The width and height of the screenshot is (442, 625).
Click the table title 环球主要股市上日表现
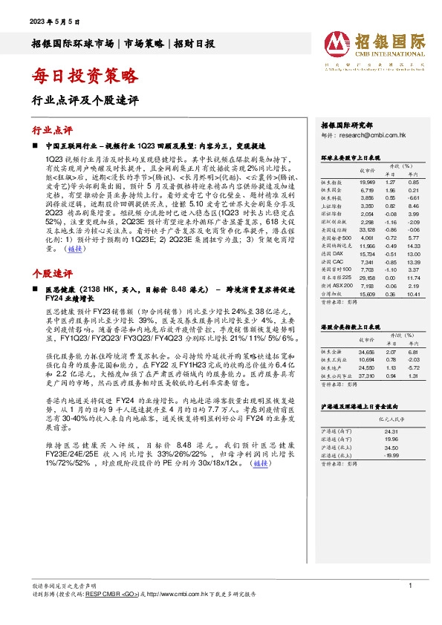350,158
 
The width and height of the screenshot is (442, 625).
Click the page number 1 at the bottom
410,586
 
